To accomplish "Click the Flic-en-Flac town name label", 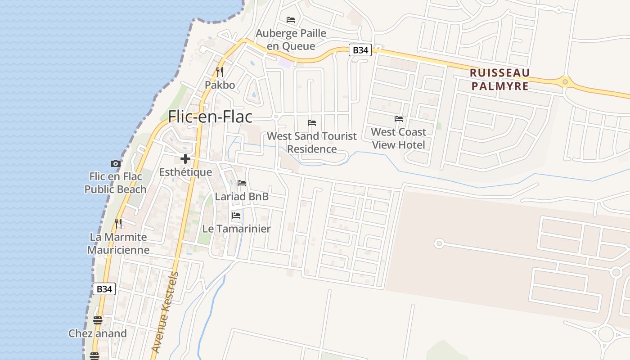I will [210, 117].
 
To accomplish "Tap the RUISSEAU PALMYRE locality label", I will [499, 79].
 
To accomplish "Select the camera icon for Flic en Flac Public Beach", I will [116, 163].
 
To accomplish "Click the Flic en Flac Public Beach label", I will [116, 183].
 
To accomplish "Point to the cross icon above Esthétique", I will [185, 159].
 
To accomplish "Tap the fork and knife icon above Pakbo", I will [220, 72].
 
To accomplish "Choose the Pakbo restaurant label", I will [220, 85].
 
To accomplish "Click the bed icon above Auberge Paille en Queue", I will [291, 20].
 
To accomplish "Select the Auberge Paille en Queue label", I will [291, 40].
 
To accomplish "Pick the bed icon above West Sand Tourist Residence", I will [312, 122].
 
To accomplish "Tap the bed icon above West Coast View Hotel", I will [399, 119].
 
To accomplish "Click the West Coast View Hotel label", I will [399, 138].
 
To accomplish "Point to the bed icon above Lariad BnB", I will [242, 183].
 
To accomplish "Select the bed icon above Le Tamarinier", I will [236, 215].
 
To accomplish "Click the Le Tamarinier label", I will [236, 229].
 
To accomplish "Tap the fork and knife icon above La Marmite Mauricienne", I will [118, 223].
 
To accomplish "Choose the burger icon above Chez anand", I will [98, 320].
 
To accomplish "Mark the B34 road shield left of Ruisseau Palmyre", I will [360, 50].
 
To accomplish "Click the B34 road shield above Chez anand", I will [104, 289].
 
